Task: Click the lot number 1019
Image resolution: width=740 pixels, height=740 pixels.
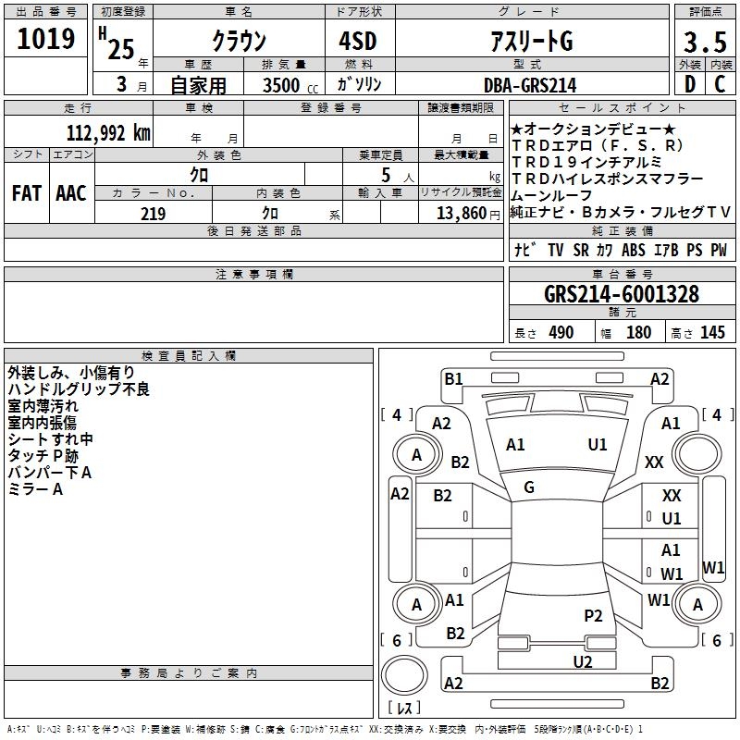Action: point(45,40)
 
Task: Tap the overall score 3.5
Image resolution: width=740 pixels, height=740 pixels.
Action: point(704,41)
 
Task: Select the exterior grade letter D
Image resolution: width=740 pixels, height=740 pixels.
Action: point(689,84)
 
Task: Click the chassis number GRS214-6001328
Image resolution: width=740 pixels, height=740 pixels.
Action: point(621,294)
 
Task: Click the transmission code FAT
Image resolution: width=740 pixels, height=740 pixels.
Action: point(26,192)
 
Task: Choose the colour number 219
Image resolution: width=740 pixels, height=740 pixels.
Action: point(153,214)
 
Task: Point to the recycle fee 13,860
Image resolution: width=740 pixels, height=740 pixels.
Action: point(460,214)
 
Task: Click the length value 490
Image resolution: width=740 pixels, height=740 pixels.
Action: point(561,332)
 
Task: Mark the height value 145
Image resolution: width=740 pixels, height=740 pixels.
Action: point(712,332)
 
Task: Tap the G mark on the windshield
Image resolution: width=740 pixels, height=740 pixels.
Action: point(529,487)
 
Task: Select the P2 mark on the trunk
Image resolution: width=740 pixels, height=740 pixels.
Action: point(593,615)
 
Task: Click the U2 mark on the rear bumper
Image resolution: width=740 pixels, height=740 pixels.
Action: point(582,660)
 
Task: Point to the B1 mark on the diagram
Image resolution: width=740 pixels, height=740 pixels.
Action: point(453,378)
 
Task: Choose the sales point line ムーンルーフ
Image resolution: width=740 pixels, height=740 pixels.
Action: point(552,195)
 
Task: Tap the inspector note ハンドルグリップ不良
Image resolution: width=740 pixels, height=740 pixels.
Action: point(78,389)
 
